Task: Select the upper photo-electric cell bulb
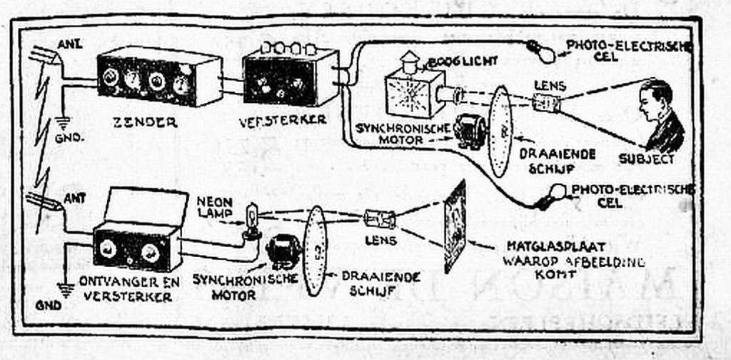click(x=541, y=49)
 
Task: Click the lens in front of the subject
click(x=547, y=104)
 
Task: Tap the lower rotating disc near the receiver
click(x=315, y=250)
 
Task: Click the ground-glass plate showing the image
click(x=454, y=225)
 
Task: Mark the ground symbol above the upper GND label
click(x=63, y=121)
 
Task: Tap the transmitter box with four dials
click(x=158, y=79)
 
